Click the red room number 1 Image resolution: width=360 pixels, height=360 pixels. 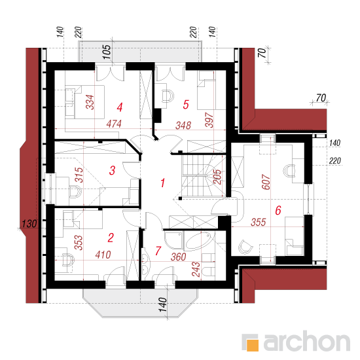[163, 183]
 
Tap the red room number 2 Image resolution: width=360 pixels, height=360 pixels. [111, 238]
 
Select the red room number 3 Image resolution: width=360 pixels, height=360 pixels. [112, 171]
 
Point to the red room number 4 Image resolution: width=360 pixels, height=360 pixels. [120, 107]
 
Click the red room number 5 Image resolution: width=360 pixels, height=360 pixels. [186, 105]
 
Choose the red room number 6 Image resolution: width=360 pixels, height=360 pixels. [278, 210]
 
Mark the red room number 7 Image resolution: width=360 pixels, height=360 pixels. [158, 251]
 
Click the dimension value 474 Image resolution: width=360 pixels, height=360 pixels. [114, 124]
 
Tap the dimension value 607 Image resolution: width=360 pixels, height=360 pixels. [266, 182]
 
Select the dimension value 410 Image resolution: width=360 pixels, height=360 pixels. [103, 255]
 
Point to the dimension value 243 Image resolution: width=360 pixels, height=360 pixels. [196, 270]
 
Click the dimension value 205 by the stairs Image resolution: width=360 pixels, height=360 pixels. [217, 177]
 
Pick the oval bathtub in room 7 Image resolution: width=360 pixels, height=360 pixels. [198, 241]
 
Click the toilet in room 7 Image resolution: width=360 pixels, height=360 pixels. [208, 272]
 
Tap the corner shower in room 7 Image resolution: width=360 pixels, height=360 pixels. [174, 240]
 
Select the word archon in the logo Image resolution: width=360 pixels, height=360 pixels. [307, 342]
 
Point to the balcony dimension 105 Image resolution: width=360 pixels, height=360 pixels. [107, 52]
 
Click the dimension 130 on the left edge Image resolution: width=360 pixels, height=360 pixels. [29, 224]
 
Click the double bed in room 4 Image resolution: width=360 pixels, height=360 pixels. [84, 102]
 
